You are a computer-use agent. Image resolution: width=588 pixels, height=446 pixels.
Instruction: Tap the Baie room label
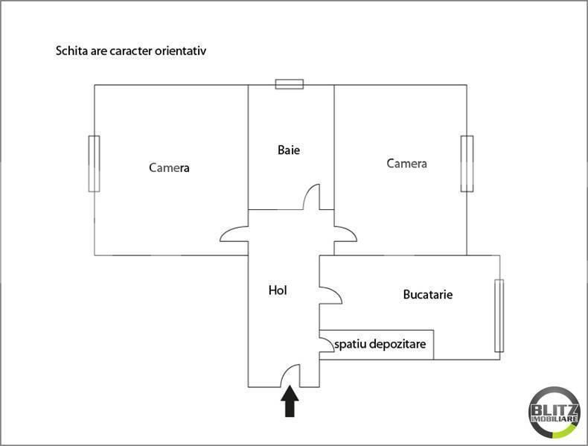click(x=289, y=150)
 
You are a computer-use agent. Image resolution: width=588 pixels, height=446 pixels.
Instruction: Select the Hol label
click(x=278, y=290)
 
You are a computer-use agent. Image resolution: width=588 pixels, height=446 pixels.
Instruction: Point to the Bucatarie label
click(x=428, y=295)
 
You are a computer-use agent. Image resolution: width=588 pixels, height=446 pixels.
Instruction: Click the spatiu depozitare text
click(x=380, y=345)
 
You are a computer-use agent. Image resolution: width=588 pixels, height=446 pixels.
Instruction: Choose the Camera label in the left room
click(x=169, y=168)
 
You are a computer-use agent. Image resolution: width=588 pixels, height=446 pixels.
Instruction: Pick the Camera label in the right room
click(x=406, y=163)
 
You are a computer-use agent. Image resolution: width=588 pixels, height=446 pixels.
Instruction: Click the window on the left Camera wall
click(x=94, y=164)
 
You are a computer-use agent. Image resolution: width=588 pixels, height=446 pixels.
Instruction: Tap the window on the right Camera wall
click(x=467, y=164)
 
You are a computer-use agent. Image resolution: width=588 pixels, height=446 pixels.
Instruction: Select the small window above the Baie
click(x=290, y=84)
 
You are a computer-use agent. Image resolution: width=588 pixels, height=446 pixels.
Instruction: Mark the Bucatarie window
click(x=499, y=315)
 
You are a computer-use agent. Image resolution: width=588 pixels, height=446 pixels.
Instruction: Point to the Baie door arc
click(x=313, y=198)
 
